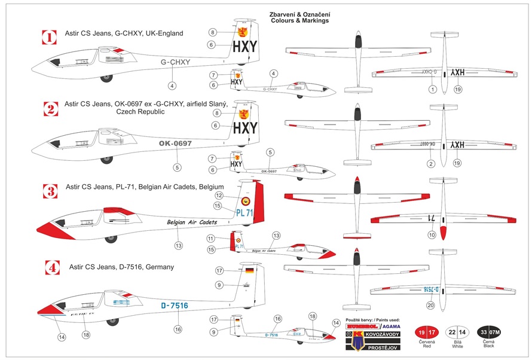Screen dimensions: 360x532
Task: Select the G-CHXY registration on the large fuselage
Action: coord(176,62)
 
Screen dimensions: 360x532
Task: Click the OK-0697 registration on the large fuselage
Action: coord(175,144)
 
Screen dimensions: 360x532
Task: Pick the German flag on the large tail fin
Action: coord(248,270)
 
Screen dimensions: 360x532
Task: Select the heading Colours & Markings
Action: coord(308,21)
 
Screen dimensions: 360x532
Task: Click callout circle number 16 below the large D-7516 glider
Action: coord(177,329)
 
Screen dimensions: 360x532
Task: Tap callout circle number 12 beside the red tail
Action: coord(219,196)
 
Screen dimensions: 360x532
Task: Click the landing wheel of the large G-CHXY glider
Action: coord(107,77)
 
